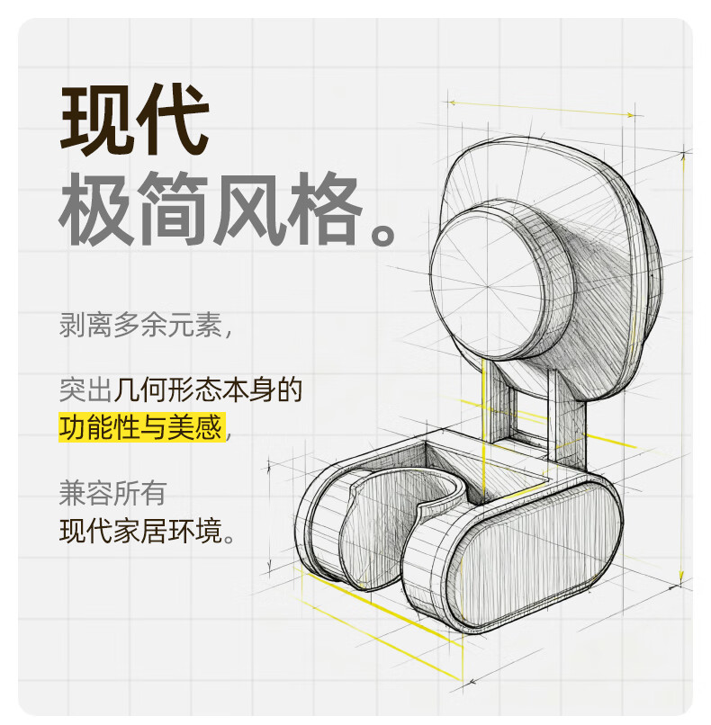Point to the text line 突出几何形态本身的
181,389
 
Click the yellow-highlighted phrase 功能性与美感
140,426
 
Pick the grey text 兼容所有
112,492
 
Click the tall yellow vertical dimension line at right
682,360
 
